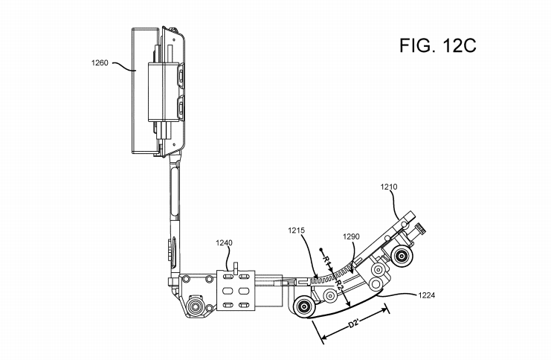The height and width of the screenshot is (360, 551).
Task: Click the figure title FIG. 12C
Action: [437, 45]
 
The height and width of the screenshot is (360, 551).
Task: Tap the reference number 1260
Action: [100, 63]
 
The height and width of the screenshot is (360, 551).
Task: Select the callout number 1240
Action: [224, 243]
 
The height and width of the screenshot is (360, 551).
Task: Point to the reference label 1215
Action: [296, 231]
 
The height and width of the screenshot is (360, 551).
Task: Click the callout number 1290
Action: [351, 237]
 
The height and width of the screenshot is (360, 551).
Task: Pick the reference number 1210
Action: [389, 187]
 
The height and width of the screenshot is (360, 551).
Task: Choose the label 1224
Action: [426, 295]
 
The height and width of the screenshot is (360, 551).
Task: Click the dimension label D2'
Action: [353, 323]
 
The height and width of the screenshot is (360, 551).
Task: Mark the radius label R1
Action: [326, 260]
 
